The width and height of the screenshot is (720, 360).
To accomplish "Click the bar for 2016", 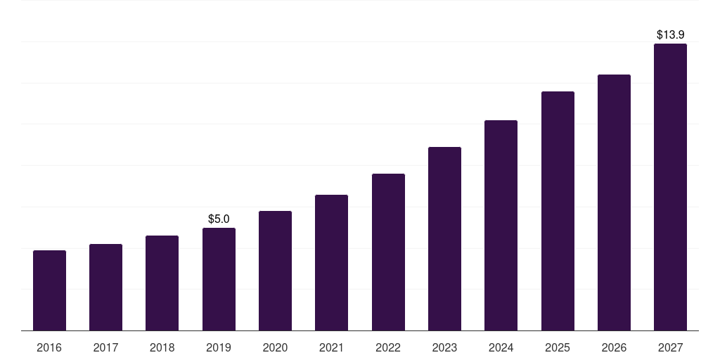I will click(49, 290).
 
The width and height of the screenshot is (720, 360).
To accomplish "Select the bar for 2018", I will click(162, 283).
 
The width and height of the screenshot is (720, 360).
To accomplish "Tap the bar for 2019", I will click(219, 279).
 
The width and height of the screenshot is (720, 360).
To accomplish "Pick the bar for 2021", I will click(331, 262).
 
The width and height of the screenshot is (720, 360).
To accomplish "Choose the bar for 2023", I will click(444, 238).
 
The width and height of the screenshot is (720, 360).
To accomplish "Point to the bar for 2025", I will click(558, 211).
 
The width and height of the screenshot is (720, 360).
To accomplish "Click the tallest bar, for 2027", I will click(670, 187).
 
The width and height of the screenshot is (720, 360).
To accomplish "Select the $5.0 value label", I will click(219, 219).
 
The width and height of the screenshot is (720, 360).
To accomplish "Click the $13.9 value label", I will click(670, 34).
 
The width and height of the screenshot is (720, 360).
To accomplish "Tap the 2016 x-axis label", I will click(49, 348).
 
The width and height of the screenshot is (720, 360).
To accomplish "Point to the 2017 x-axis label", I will click(105, 348).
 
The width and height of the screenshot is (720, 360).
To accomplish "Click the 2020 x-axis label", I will click(275, 348).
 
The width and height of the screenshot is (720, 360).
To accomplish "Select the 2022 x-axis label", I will click(388, 348).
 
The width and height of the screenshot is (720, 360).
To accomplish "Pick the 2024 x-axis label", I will click(501, 348).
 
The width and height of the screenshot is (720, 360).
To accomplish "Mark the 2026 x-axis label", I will click(614, 348).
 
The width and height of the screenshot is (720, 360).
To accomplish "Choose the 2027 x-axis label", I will click(670, 348).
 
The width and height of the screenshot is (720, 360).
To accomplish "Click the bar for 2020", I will click(275, 271).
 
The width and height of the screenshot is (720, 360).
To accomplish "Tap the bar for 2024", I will click(501, 225).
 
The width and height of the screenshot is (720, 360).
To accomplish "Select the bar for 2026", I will click(614, 202).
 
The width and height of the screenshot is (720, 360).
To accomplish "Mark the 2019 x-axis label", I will click(219, 348).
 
